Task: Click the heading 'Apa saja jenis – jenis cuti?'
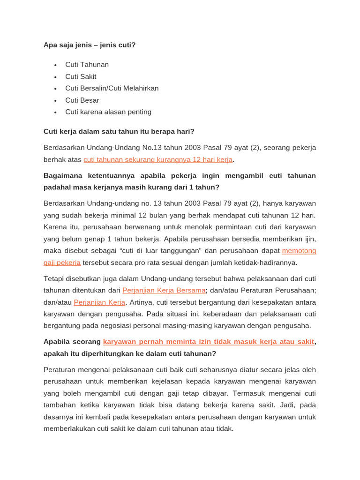(90, 45)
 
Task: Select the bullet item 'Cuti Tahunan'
(87, 65)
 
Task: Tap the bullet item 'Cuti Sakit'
(81, 76)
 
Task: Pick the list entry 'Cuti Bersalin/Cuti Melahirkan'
(112, 88)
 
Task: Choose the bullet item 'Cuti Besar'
(82, 100)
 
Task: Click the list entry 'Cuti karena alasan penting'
(108, 112)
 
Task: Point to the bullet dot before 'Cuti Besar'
(55, 100)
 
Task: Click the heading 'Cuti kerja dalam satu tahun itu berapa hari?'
(119, 131)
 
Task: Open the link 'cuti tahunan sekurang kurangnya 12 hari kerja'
(158, 160)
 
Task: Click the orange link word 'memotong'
(299, 251)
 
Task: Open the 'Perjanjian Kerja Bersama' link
(164, 290)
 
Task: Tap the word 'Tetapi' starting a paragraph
(53, 278)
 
